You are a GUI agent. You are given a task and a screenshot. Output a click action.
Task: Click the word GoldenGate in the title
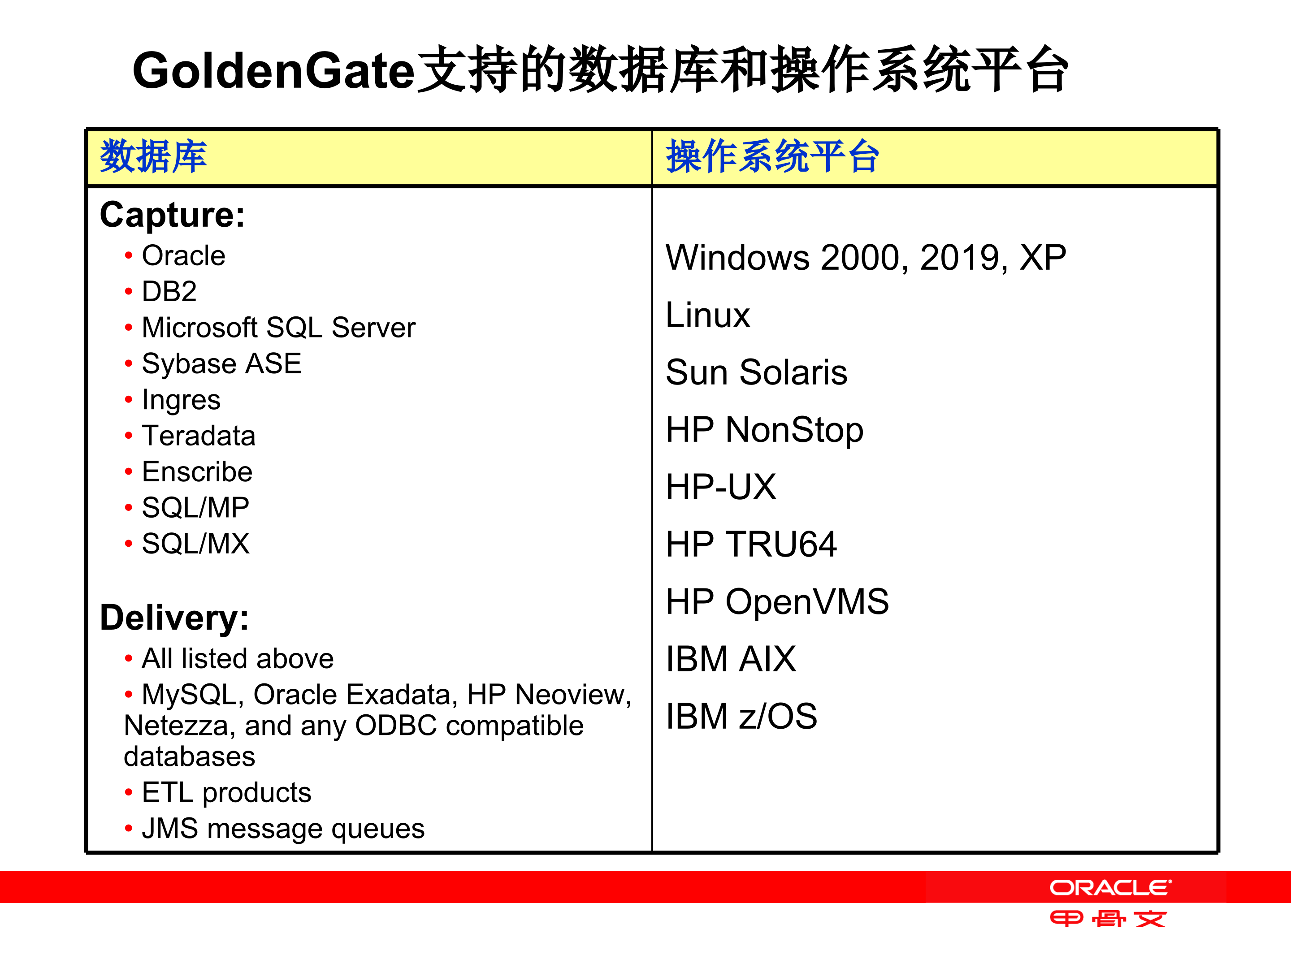point(273,71)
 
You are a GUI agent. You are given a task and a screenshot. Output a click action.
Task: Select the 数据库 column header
point(153,156)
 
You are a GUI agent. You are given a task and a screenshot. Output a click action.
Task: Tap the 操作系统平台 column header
point(772,156)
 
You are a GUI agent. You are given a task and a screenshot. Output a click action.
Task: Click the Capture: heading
point(172,215)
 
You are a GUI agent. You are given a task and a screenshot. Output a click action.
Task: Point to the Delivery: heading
point(174,618)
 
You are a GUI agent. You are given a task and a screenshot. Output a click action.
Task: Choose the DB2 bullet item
point(169,291)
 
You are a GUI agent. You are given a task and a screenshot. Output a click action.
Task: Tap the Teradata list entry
point(199,436)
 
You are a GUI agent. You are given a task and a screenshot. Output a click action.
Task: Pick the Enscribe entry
point(197,471)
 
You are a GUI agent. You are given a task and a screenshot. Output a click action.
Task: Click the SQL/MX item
point(195,544)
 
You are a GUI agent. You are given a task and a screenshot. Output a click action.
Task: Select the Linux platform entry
point(707,315)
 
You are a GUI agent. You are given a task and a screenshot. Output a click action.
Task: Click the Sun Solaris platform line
point(756,372)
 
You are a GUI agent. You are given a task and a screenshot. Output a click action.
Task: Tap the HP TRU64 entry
point(751,544)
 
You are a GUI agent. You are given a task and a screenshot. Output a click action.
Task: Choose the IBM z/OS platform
point(741,716)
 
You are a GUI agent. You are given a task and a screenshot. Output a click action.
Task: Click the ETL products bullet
point(226,792)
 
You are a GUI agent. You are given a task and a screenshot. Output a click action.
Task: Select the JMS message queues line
point(283,829)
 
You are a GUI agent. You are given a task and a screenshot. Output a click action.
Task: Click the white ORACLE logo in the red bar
point(1110,888)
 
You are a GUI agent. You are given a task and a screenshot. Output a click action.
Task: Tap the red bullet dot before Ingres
point(128,400)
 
